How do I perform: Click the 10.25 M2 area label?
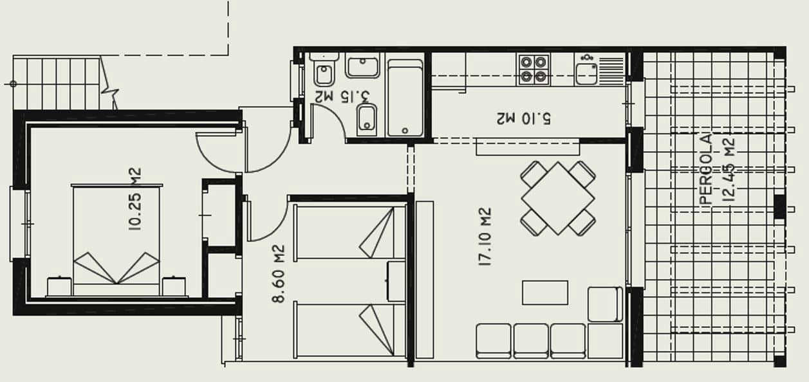point(135,199)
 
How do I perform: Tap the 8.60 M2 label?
point(278,273)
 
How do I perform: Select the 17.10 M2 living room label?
point(485,236)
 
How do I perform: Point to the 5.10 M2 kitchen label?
point(524,118)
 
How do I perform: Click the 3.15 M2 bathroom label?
point(342,96)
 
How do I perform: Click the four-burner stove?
point(534,69)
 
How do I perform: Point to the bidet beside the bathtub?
point(367,119)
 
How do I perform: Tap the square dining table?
point(558,197)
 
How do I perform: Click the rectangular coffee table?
point(544,292)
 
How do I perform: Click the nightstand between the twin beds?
point(396,281)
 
